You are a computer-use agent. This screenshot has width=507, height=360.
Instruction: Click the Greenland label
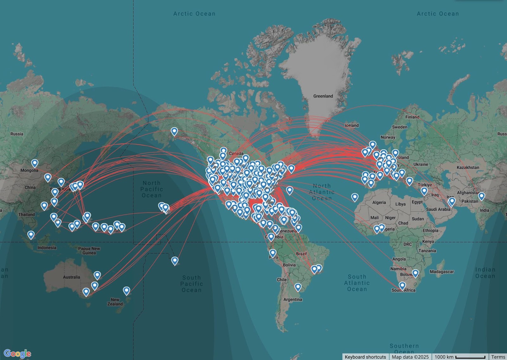pos(323,96)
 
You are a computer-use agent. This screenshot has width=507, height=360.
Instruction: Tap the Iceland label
pos(352,125)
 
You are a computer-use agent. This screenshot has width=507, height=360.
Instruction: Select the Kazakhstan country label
pos(468,167)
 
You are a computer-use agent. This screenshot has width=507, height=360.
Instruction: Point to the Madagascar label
pos(442,272)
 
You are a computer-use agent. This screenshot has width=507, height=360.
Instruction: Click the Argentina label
pos(292,299)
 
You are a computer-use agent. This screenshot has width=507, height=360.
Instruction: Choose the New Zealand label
pos(115,302)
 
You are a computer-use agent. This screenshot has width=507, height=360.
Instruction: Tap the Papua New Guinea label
pos(89,251)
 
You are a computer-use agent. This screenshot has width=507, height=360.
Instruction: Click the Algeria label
pos(379,202)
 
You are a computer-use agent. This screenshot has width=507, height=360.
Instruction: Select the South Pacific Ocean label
pos(191,284)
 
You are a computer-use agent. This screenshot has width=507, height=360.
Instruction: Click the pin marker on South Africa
pos(402,286)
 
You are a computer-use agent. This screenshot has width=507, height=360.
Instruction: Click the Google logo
pos(17,353)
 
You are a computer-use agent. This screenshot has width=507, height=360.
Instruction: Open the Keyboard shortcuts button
pos(365,357)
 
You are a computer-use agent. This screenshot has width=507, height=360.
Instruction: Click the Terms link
pos(498,357)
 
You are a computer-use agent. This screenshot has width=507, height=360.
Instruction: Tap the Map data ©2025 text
pos(410,357)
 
